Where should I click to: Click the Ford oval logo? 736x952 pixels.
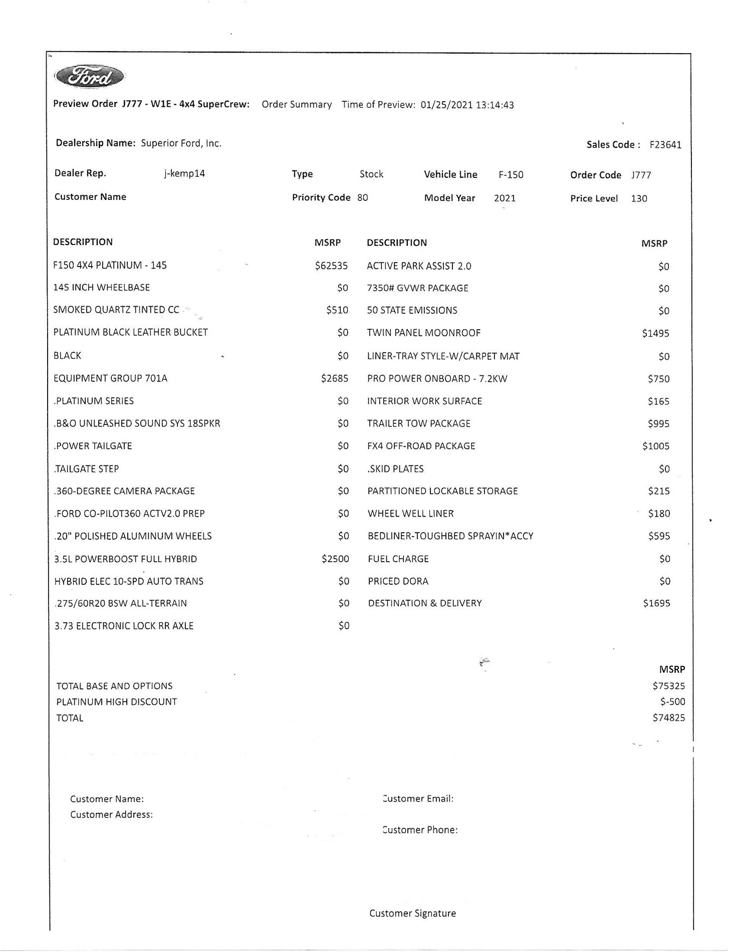(x=89, y=77)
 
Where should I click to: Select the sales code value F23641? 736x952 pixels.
(x=665, y=145)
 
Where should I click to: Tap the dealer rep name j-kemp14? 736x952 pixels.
(x=184, y=173)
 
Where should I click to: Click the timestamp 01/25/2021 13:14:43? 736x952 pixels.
(x=467, y=105)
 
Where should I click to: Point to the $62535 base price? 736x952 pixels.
(x=331, y=266)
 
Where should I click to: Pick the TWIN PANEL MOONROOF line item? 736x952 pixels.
(x=423, y=333)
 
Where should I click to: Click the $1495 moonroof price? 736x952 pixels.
(x=655, y=333)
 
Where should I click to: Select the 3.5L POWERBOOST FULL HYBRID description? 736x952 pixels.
(x=125, y=559)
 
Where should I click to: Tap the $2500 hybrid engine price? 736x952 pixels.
(x=335, y=559)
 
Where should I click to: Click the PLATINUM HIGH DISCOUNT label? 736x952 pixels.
(x=116, y=701)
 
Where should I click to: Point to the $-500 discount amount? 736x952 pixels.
(x=672, y=701)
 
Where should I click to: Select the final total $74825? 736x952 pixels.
(x=668, y=718)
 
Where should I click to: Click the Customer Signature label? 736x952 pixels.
(x=412, y=913)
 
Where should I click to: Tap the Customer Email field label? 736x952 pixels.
(x=418, y=798)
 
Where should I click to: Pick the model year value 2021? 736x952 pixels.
(x=505, y=198)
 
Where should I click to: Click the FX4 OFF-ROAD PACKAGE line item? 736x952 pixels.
(x=421, y=446)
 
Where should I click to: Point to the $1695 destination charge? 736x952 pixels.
(x=656, y=603)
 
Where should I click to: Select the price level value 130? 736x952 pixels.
(x=639, y=198)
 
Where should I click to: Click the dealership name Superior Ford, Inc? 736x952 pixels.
(x=181, y=143)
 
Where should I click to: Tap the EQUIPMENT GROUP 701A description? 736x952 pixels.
(x=110, y=378)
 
